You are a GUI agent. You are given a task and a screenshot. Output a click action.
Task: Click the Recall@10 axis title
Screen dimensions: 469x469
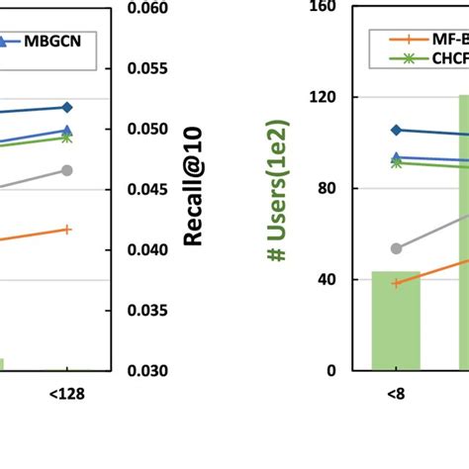click(193, 189)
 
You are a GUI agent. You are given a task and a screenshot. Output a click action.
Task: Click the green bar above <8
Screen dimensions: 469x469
click(396, 321)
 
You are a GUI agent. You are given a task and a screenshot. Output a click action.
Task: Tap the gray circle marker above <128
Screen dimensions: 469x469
click(66, 170)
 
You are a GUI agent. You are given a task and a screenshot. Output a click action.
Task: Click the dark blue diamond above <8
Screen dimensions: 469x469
click(396, 130)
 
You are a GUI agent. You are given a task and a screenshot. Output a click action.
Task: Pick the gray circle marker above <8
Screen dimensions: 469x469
click(396, 248)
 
